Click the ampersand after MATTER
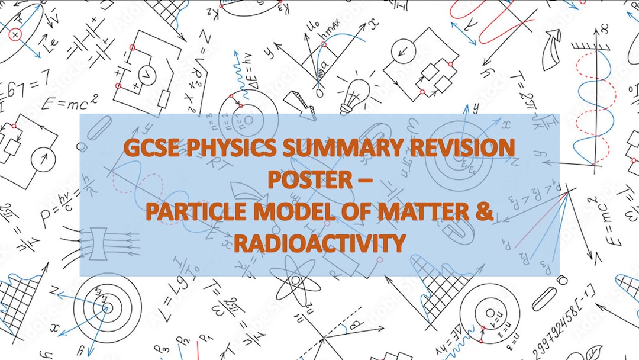(x=485, y=213)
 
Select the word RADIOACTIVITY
(x=319, y=243)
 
